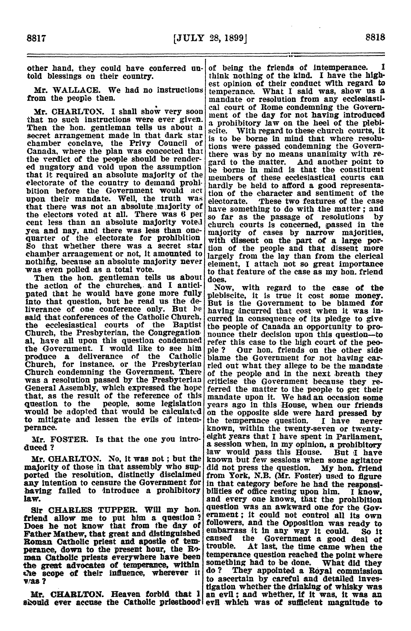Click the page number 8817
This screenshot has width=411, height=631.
[37, 37]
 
